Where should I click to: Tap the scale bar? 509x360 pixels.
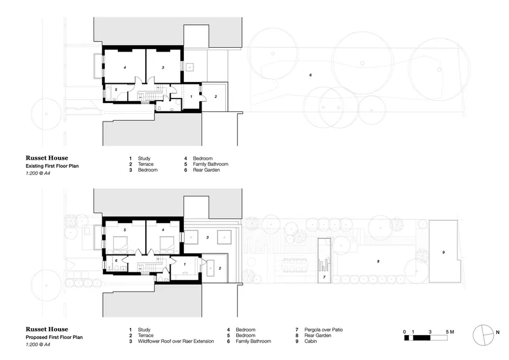426,338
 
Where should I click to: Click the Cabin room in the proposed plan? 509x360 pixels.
443,252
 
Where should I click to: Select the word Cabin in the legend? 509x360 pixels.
310,341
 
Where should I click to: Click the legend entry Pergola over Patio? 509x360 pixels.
323,329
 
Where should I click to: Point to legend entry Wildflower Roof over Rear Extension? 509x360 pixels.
176,341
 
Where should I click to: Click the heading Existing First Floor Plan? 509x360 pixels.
52,166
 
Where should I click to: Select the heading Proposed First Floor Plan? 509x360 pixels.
54,337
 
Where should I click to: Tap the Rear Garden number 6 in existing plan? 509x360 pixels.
310,75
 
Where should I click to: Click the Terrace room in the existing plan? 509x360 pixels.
215,97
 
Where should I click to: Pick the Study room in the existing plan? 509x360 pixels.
192,97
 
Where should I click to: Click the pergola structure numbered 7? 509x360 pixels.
324,261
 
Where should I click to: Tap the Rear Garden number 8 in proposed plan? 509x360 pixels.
378,261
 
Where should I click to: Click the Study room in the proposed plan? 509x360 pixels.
185,268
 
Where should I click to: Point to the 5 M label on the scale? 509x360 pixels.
450,332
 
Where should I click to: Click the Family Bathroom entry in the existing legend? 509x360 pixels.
211,164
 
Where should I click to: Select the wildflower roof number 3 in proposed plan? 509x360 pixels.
207,238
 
